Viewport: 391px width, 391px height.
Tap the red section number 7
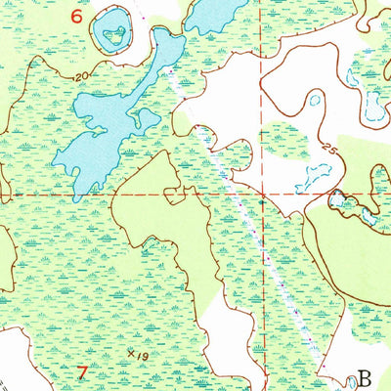pos(83,370)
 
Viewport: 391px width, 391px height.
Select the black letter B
pos(366,376)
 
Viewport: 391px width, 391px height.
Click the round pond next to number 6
pos(115,34)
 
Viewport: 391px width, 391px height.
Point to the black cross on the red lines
pos(262,195)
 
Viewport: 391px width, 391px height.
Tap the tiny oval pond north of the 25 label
pos(315,99)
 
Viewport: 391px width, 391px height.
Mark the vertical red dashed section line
pos(262,98)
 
